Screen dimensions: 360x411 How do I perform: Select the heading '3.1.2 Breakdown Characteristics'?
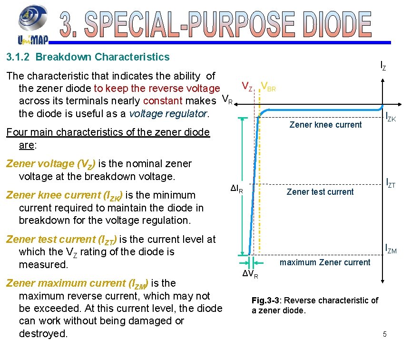[x=88, y=57]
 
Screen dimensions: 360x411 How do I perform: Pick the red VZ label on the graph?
[x=247, y=86]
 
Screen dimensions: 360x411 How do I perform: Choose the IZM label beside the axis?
[x=391, y=248]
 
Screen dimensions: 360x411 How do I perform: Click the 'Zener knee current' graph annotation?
[x=325, y=125]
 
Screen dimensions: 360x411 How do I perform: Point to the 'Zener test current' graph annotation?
[x=320, y=192]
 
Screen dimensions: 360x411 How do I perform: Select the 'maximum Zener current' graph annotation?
[x=325, y=262]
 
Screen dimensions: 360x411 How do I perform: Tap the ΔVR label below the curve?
[x=250, y=275]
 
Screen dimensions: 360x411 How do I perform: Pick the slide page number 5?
[x=385, y=335]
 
